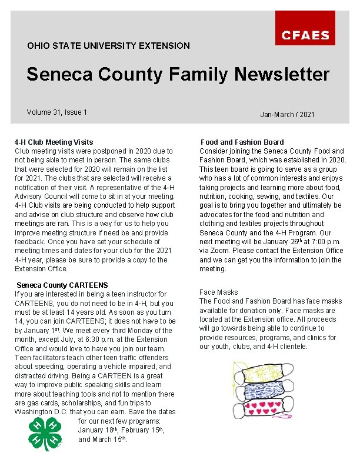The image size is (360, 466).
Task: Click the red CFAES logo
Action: coord(305,29)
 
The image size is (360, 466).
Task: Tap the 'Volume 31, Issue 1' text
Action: coord(57,112)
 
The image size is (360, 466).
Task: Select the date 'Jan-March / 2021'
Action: coord(288,114)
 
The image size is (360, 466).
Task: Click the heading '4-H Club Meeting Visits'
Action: coord(54,142)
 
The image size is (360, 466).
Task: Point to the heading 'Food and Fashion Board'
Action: coord(242,142)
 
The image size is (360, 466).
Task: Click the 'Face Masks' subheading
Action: coord(218,292)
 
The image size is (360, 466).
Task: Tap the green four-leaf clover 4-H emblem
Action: coord(44,434)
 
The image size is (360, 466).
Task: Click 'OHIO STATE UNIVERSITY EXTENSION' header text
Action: coord(108,45)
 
